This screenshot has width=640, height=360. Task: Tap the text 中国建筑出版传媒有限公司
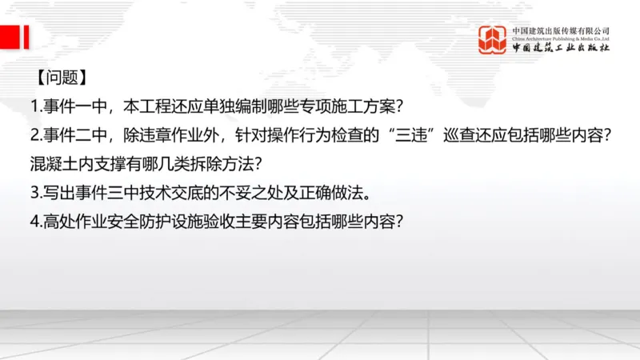click(x=561, y=29)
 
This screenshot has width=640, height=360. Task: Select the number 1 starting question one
click(x=34, y=106)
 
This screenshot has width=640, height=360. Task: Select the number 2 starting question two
click(x=34, y=135)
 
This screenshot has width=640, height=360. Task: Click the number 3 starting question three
click(x=34, y=193)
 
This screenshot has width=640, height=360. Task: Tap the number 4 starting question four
click(x=34, y=222)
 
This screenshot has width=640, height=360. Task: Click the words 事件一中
click(x=74, y=106)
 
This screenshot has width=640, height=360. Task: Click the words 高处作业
click(x=74, y=222)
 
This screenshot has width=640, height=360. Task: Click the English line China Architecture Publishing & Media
click(x=561, y=38)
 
